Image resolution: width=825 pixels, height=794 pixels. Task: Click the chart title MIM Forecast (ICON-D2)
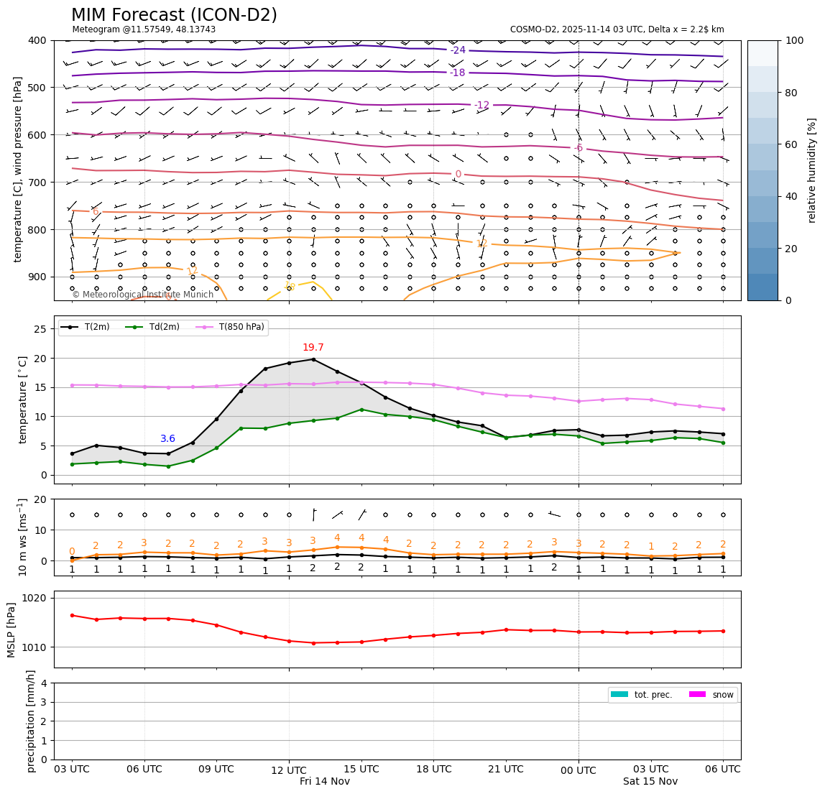(x=174, y=15)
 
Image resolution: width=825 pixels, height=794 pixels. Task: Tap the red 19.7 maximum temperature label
(x=313, y=348)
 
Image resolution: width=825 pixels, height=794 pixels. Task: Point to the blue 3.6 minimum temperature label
(x=167, y=439)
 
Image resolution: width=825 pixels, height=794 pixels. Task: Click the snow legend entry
(x=722, y=695)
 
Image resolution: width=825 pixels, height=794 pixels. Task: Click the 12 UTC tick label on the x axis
(x=289, y=770)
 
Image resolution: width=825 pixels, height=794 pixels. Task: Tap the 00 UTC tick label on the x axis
(x=579, y=771)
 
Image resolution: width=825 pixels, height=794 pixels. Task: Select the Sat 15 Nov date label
(x=650, y=782)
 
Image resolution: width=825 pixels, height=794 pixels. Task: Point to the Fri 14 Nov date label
(x=325, y=782)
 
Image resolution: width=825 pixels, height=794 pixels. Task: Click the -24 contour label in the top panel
(x=458, y=50)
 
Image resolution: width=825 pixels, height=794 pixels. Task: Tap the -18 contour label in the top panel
(x=457, y=73)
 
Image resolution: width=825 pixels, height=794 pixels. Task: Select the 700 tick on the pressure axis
(x=36, y=183)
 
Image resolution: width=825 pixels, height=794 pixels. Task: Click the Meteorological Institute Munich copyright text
(x=142, y=295)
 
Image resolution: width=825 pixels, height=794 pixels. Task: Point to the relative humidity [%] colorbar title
(x=812, y=170)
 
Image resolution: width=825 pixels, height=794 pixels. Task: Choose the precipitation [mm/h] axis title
(x=31, y=721)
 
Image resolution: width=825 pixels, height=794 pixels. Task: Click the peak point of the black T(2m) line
(x=313, y=359)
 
